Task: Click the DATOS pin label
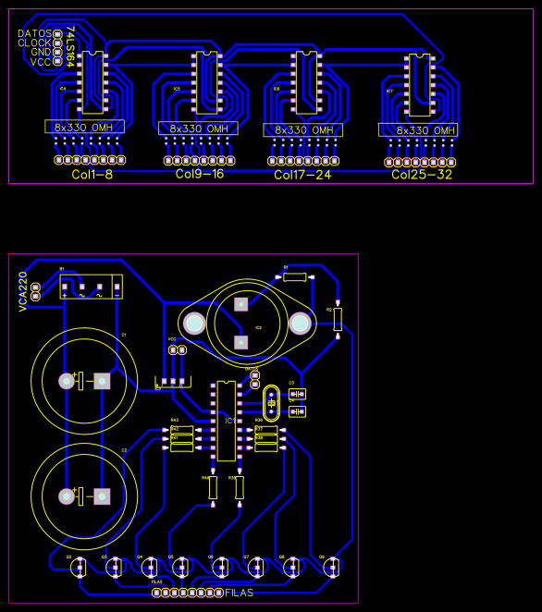[35, 33]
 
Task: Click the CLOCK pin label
[35, 43]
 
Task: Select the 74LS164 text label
[69, 46]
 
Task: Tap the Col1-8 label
[92, 174]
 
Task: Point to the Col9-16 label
[200, 174]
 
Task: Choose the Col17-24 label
[302, 175]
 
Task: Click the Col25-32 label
[422, 175]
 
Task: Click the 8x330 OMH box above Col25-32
[418, 130]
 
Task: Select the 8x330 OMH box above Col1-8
[84, 127]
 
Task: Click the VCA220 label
[23, 291]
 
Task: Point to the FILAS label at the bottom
[239, 593]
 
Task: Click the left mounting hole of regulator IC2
[194, 323]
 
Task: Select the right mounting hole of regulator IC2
[300, 324]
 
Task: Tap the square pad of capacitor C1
[102, 381]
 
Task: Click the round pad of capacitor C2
[67, 496]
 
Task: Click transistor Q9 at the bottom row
[330, 567]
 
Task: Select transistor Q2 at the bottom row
[80, 567]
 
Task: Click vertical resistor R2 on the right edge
[338, 319]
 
